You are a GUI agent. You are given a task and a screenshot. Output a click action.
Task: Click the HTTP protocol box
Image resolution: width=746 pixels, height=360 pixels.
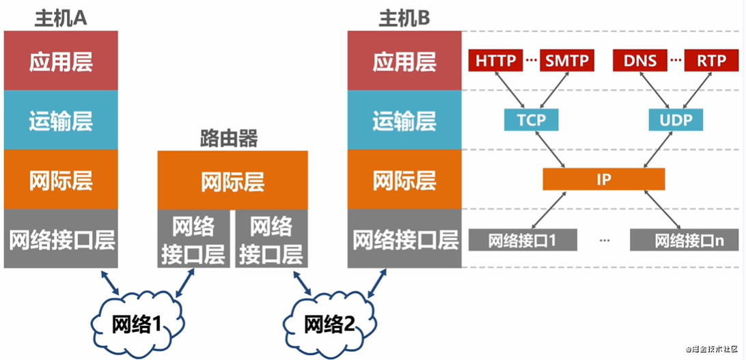click(x=496, y=60)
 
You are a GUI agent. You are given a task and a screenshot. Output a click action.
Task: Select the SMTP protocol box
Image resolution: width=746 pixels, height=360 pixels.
click(x=567, y=60)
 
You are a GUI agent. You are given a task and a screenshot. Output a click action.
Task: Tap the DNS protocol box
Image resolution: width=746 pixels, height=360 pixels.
click(x=640, y=60)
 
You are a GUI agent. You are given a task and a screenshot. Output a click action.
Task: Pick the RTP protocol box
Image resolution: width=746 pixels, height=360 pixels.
click(x=711, y=60)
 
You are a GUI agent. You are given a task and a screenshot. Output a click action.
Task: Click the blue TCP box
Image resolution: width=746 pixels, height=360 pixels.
click(x=531, y=120)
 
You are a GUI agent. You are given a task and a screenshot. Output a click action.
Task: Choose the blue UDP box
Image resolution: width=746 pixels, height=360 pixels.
click(x=676, y=120)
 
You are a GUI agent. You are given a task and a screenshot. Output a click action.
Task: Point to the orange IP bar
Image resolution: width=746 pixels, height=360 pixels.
click(x=604, y=180)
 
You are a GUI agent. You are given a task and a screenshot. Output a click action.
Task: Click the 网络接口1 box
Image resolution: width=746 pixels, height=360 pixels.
click(x=523, y=240)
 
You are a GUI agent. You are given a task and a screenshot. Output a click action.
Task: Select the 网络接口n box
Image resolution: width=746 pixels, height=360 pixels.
click(x=684, y=240)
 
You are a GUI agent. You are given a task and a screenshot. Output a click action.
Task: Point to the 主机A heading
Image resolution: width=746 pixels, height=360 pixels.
click(x=60, y=19)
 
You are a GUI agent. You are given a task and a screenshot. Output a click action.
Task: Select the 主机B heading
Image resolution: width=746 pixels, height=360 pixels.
click(x=404, y=19)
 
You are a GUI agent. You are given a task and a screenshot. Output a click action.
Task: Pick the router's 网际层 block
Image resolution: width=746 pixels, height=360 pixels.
click(x=233, y=180)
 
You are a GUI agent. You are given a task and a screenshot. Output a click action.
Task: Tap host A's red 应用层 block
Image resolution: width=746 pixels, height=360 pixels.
click(x=61, y=61)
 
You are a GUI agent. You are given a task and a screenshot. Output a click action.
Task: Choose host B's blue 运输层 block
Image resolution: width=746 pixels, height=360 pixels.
click(x=404, y=120)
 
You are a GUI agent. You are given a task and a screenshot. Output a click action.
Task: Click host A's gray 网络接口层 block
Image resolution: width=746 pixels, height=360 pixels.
click(x=61, y=238)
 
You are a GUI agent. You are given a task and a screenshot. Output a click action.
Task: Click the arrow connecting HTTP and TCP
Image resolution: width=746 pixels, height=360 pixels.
click(x=510, y=90)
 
